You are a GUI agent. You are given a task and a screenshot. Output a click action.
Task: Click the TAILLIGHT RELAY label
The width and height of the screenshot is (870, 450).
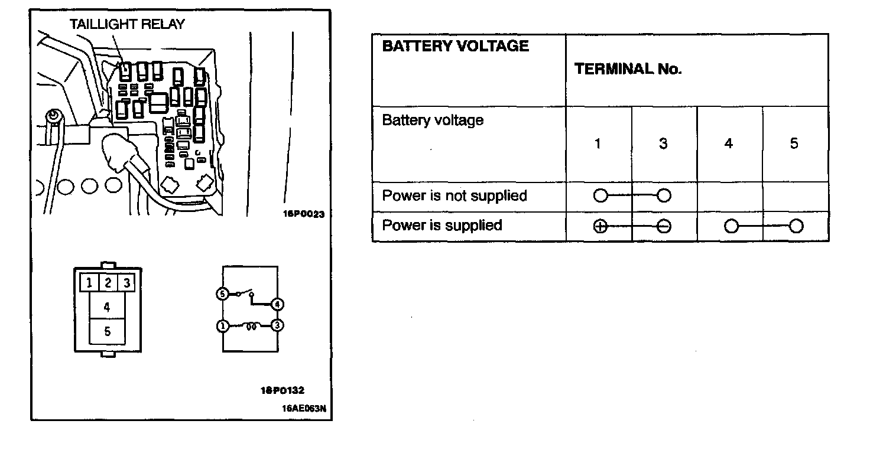(x=127, y=24)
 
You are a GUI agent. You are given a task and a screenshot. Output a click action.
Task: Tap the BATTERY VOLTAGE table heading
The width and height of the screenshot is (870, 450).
(x=455, y=46)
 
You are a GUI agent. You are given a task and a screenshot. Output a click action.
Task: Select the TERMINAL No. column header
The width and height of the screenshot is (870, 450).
(x=628, y=69)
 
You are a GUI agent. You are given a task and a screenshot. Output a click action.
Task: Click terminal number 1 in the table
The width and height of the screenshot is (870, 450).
(x=598, y=144)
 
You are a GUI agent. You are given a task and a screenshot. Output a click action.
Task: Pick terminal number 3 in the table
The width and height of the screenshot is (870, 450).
(x=663, y=144)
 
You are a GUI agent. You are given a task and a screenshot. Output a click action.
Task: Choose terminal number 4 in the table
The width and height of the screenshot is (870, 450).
(x=729, y=144)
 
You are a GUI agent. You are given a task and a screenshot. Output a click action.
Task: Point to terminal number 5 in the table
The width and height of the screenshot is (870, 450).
(x=794, y=144)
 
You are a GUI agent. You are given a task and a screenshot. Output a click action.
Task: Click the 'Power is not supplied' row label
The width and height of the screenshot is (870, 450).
(x=454, y=195)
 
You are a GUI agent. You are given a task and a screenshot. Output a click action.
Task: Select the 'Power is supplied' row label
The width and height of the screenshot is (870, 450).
(x=442, y=225)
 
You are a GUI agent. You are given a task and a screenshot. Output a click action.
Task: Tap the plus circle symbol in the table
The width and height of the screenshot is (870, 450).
(x=600, y=227)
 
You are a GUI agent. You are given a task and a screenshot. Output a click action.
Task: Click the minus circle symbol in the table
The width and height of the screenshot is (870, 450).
(x=664, y=227)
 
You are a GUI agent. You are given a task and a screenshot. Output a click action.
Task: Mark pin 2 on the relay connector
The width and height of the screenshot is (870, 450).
(x=108, y=283)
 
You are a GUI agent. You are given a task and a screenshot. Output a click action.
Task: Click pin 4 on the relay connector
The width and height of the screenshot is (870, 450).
(x=107, y=307)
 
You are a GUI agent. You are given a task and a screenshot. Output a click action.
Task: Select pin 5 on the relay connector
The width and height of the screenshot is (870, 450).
(x=107, y=331)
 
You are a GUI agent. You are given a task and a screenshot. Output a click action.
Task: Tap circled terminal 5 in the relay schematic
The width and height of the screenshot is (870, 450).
(x=222, y=294)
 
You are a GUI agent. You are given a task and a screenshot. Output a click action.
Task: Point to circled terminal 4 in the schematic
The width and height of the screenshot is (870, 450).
(x=277, y=305)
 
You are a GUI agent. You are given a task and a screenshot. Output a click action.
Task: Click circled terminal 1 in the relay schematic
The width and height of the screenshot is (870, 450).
(x=222, y=325)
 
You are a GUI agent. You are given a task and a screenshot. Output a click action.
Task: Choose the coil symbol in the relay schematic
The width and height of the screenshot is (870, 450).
(x=251, y=325)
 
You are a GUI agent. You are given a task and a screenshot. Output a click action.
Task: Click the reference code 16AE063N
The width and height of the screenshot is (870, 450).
(x=304, y=407)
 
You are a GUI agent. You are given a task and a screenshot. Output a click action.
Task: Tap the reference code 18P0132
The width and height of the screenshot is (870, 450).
(x=282, y=390)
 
